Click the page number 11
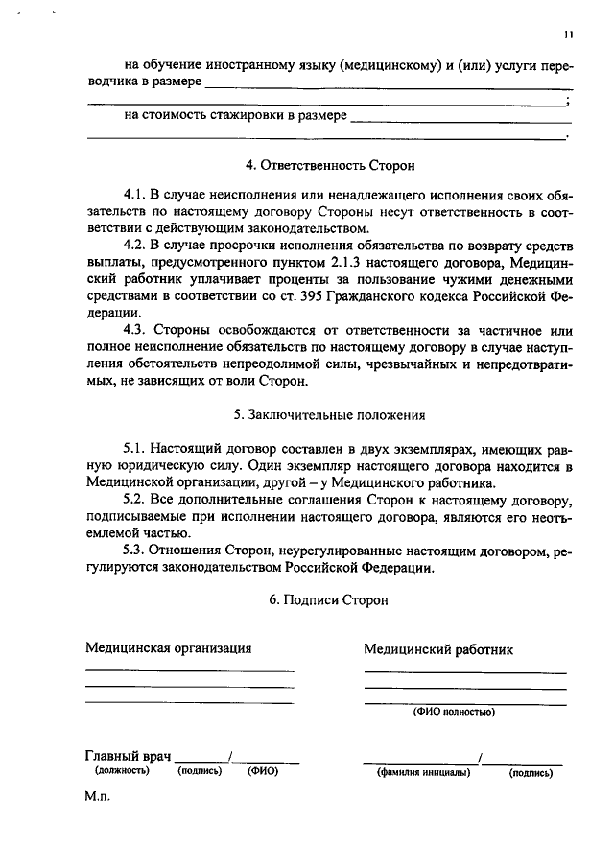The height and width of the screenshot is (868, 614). [x=569, y=36]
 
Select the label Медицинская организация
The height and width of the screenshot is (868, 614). [x=168, y=647]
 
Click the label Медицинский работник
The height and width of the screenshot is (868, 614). [x=437, y=649]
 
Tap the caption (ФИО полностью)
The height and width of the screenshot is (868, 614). [x=454, y=713]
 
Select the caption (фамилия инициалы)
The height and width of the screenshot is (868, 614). [x=423, y=772]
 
